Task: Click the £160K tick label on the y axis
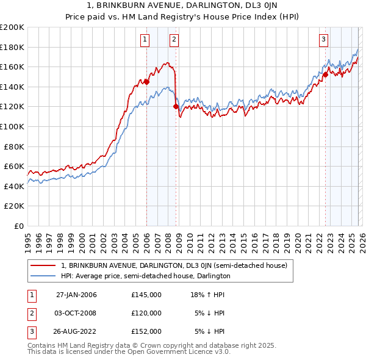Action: (x=12, y=67)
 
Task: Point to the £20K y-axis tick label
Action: (x=14, y=206)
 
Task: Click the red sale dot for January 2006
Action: (x=146, y=82)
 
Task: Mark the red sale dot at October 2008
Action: (x=176, y=107)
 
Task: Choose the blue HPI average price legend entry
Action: (x=145, y=276)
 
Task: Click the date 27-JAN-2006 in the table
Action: (x=76, y=295)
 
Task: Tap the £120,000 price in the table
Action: (x=146, y=313)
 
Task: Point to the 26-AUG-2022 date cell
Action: (x=76, y=331)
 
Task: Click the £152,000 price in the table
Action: (x=146, y=331)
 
